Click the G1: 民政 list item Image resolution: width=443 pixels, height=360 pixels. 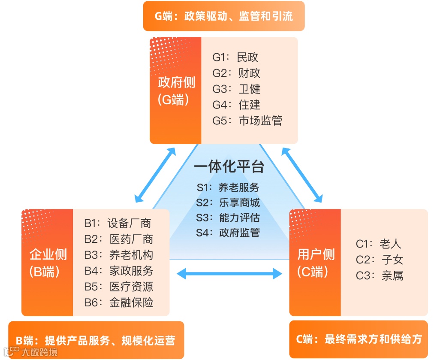click(235, 57)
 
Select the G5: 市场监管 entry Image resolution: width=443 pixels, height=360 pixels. click(247, 121)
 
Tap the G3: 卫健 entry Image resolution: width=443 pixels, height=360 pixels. click(236, 89)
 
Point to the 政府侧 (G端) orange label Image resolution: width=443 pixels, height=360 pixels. click(176, 91)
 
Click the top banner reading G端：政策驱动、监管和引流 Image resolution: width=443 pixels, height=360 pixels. click(224, 16)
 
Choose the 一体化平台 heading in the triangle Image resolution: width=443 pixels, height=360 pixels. click(229, 166)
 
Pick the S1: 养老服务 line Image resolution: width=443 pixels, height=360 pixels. click(228, 187)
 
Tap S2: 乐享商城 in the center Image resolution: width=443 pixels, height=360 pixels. click(228, 203)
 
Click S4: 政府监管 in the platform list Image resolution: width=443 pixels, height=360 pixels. click(228, 233)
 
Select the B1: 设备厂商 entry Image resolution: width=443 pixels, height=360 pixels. click(118, 223)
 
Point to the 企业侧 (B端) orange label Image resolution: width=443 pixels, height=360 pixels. click(48, 263)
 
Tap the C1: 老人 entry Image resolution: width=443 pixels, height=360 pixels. click(378, 244)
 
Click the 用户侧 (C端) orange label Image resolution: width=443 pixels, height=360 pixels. click(316, 263)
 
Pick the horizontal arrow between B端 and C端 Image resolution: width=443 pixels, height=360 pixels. click(230, 273)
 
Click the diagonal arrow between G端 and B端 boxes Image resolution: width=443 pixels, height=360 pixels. click(155, 175)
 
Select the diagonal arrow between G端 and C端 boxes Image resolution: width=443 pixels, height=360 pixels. click(301, 175)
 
